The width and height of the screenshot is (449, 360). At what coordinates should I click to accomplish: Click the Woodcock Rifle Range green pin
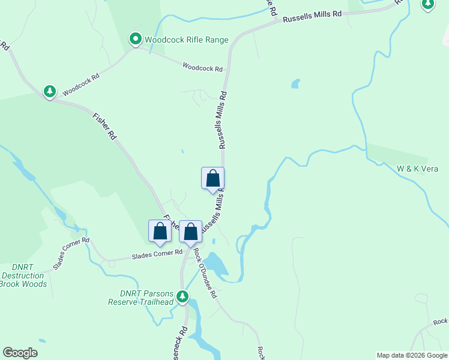[x=136, y=40]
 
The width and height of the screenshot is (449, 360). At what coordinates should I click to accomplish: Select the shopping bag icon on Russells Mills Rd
[x=212, y=178]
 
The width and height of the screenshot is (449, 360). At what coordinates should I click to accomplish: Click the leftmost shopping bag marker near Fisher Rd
[x=160, y=231]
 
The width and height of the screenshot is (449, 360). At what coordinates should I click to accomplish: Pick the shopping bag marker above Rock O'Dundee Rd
[x=190, y=232]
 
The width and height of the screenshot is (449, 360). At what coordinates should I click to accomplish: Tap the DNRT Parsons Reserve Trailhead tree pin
[x=182, y=296]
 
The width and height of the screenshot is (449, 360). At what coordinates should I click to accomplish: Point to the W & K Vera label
[x=418, y=169]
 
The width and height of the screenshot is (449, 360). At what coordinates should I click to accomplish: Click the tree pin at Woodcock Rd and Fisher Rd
[x=50, y=92]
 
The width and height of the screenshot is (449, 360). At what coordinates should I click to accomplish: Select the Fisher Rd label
[x=104, y=125]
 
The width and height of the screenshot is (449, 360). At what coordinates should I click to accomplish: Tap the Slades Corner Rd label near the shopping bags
[x=157, y=256]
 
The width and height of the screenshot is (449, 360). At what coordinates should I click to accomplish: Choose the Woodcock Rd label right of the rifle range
[x=202, y=68]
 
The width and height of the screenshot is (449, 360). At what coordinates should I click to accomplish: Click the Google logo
[x=20, y=353]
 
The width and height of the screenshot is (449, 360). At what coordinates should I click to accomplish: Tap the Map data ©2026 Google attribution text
[x=412, y=355]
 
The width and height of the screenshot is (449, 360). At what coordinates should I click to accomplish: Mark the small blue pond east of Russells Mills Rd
[x=295, y=83]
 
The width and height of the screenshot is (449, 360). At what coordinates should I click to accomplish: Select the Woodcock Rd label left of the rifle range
[x=80, y=85]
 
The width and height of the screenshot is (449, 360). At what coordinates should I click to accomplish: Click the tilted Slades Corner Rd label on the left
[x=71, y=253]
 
